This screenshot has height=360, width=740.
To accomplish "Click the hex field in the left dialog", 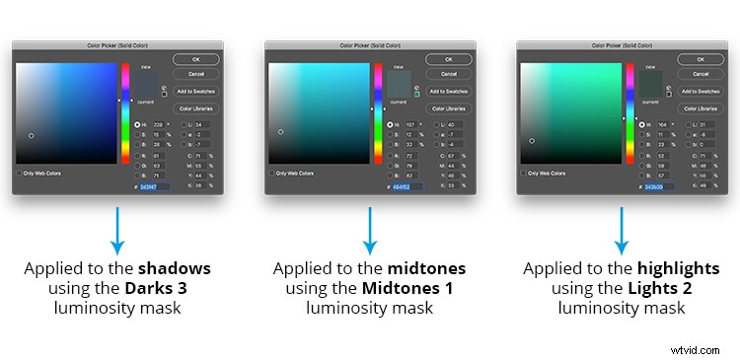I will click(155, 185).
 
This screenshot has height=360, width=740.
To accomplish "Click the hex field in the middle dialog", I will click(407, 185).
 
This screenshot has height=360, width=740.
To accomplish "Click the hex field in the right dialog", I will click(660, 185).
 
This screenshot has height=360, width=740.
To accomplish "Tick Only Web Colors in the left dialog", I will click(20, 173).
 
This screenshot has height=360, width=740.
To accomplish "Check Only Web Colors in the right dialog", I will click(525, 173).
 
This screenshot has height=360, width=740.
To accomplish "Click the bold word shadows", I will click(176, 268).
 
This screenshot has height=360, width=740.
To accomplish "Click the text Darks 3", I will click(156, 287).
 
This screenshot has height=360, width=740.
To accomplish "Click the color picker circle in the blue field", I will click(32, 135).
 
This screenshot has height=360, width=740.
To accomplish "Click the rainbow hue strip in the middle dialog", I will click(378, 113).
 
